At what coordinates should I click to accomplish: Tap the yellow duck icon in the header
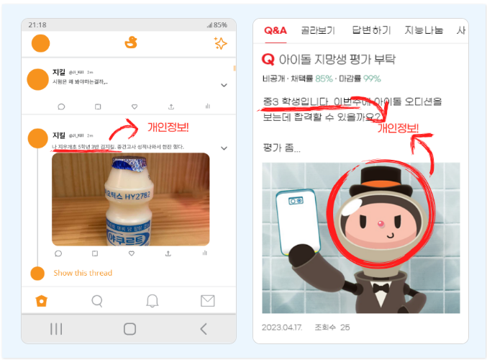coord(130,43)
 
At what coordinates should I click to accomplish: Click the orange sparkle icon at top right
coord(221,44)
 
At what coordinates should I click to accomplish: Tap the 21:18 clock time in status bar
coord(37,24)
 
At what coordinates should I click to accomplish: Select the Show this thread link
coord(83,273)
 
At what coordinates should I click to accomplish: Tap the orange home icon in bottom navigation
coord(42,300)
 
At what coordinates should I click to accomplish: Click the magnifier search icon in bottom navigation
coord(97,300)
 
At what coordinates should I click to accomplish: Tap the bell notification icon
coord(153,300)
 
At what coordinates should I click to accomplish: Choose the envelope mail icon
coord(207,300)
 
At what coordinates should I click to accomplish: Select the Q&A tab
coord(275,30)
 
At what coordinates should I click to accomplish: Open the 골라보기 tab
coord(318,30)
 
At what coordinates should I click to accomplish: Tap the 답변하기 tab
coord(371,30)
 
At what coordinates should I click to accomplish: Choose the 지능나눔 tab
coord(424,30)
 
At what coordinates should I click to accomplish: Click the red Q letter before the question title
coord(268,59)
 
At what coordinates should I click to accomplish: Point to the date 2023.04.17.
coord(282,327)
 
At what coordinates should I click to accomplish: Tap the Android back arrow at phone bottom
coord(204,329)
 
